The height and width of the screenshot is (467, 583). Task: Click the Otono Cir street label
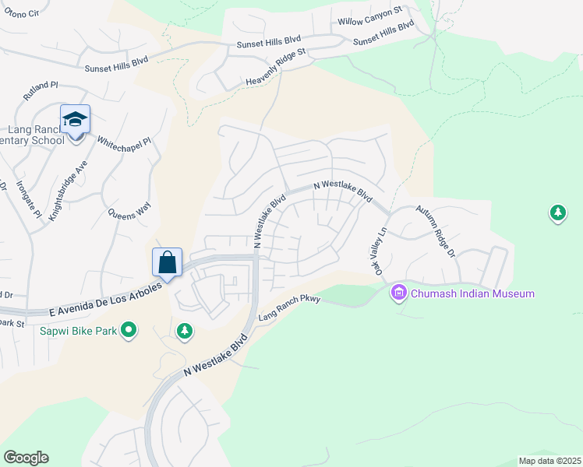point(22,14)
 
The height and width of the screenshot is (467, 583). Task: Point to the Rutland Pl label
point(41,90)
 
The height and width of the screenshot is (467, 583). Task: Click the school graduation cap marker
point(75,120)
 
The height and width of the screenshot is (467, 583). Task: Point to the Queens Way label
point(129,211)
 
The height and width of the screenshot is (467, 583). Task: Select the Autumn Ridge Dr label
point(435,231)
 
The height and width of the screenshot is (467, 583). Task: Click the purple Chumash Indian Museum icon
point(399,293)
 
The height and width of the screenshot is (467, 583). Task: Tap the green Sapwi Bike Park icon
point(129,331)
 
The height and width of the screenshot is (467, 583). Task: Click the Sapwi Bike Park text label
point(79,331)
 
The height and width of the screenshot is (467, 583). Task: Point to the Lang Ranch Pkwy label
point(289,308)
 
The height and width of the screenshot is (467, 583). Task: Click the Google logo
point(26,458)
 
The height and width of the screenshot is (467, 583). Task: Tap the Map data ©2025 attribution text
point(549,461)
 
